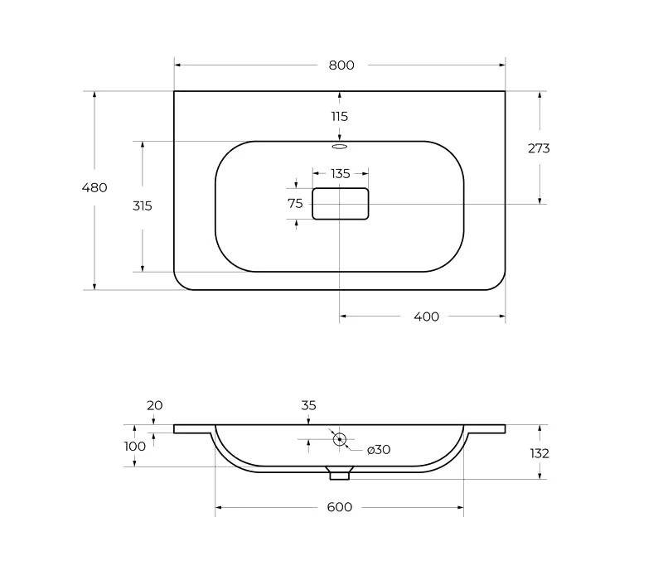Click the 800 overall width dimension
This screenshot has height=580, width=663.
click(341, 65)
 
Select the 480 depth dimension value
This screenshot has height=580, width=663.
click(94, 187)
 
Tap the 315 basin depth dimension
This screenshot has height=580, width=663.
click(142, 205)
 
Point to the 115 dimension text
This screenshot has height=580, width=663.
click(340, 116)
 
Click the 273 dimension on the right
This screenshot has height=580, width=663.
click(539, 148)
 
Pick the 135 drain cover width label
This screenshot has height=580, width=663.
click(341, 174)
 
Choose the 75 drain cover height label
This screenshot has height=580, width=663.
click(295, 204)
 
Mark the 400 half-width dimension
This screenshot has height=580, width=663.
click(426, 317)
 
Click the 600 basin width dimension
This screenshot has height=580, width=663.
click(340, 507)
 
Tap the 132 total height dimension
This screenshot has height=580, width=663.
click(540, 453)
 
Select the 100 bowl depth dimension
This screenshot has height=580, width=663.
click(135, 447)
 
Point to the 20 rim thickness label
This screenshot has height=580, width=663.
click(155, 405)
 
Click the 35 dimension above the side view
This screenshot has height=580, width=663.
click(308, 405)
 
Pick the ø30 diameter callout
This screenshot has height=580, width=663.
click(379, 450)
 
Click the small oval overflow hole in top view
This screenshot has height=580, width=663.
click(340, 147)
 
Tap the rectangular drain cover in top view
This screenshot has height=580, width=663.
click(341, 204)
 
